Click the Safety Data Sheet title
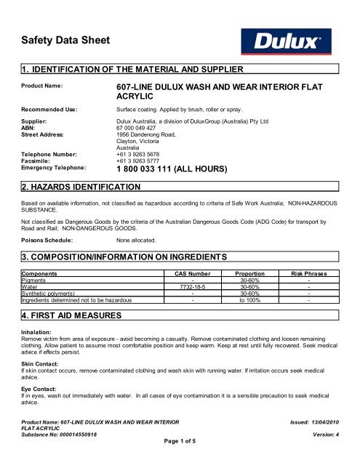coord(65,41)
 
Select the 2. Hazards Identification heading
coord(77,187)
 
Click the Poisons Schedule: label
coord(47,238)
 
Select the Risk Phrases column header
coord(308,273)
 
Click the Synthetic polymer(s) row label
coord(50,292)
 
